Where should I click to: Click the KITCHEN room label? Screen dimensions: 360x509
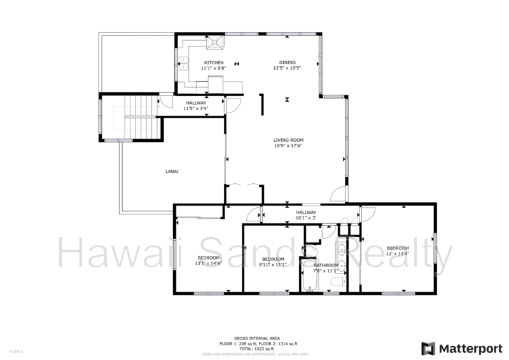pyautogui.click(x=214, y=62)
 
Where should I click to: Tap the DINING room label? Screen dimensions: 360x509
pyautogui.click(x=287, y=62)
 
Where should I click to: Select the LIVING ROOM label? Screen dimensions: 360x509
pyautogui.click(x=288, y=140)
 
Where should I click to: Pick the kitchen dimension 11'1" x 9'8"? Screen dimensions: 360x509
pyautogui.click(x=214, y=68)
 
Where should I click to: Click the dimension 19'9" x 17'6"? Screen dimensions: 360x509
pyautogui.click(x=288, y=146)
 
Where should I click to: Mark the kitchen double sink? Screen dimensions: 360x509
pyautogui.click(x=185, y=62)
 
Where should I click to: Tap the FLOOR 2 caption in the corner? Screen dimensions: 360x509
pyautogui.click(x=15, y=350)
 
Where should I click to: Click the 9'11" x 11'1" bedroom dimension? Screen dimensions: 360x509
pyautogui.click(x=273, y=265)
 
